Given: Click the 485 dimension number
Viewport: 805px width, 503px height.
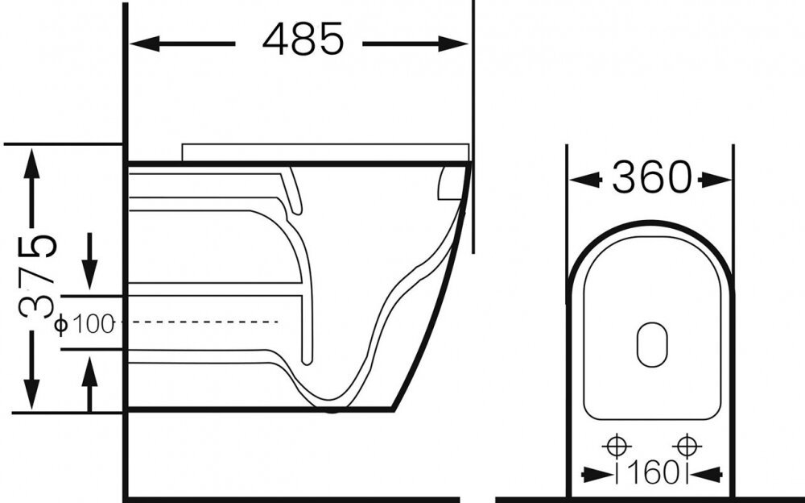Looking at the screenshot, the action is point(303,39).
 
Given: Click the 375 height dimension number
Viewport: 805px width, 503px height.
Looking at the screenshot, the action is point(37,276).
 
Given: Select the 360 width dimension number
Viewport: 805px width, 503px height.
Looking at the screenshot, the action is point(652,177).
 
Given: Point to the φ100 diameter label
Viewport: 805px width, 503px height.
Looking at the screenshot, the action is point(85,324).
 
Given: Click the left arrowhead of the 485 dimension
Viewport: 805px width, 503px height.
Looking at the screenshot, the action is point(145,44).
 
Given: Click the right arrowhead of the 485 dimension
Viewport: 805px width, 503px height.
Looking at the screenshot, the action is point(452,44).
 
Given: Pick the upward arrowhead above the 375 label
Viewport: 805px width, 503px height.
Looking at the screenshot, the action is point(32,164).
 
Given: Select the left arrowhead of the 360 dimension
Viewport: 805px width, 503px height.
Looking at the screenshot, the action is point(586,180).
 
